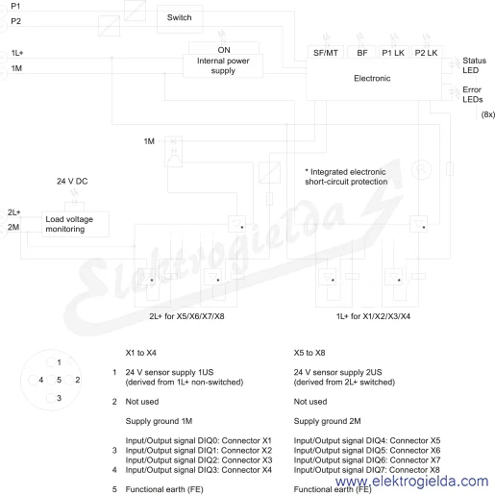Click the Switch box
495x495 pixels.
pyautogui.click(x=180, y=19)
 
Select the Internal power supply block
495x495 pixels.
pyautogui.click(x=223, y=65)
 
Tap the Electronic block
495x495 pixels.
pyautogui.click(x=374, y=79)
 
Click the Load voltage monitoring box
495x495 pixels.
pyautogui.click(x=75, y=224)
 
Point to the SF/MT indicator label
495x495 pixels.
pyautogui.click(x=326, y=53)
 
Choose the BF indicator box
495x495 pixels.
pyautogui.click(x=361, y=53)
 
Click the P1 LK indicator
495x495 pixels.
pyautogui.click(x=393, y=53)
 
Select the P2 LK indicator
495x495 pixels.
pyautogui.click(x=426, y=53)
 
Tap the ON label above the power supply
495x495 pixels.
pyautogui.click(x=224, y=50)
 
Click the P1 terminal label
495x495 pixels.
pyautogui.click(x=15, y=6)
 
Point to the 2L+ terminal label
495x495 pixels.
pyautogui.click(x=14, y=212)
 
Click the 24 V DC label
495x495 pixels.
pyautogui.click(x=72, y=182)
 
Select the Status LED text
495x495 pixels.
pyautogui.click(x=474, y=65)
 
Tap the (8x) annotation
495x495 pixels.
pyautogui.click(x=488, y=114)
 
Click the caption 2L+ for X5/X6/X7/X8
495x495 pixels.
pyautogui.click(x=186, y=316)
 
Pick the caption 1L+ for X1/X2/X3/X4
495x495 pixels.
pyautogui.click(x=373, y=316)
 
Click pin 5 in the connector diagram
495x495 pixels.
pyautogui.click(x=51, y=380)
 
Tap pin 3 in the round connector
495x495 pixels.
pyautogui.click(x=51, y=398)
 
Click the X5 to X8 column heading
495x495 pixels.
pyautogui.click(x=309, y=353)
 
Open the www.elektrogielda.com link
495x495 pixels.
pyautogui.click(x=412, y=482)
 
